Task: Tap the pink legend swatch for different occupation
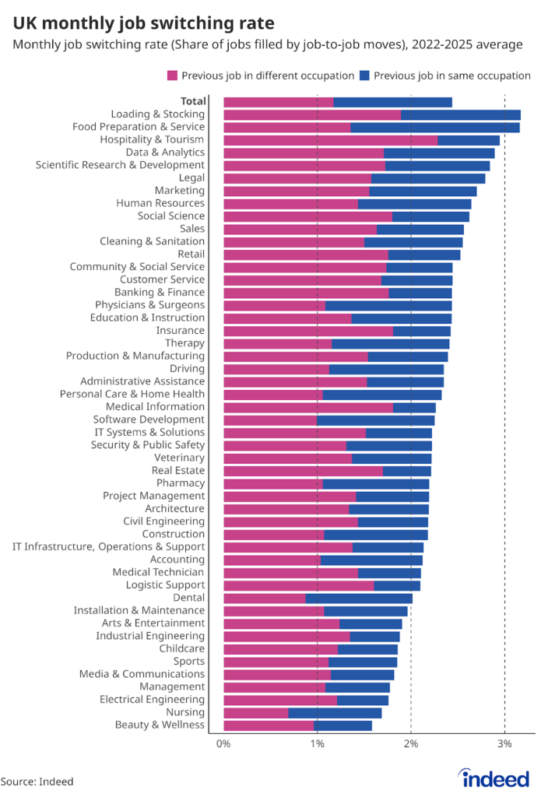tap(172, 75)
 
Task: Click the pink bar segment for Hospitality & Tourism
tap(330, 140)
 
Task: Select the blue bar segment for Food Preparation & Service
tap(434, 127)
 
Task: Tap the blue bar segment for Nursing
tap(335, 712)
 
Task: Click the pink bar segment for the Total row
tap(278, 101)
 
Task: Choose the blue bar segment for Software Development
tap(375, 420)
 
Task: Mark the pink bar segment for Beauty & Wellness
tap(269, 725)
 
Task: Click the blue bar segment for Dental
tap(359, 598)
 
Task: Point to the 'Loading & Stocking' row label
tap(158, 114)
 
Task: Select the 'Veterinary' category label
tap(180, 458)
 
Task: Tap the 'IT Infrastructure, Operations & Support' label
tap(109, 546)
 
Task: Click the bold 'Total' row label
tap(193, 101)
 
